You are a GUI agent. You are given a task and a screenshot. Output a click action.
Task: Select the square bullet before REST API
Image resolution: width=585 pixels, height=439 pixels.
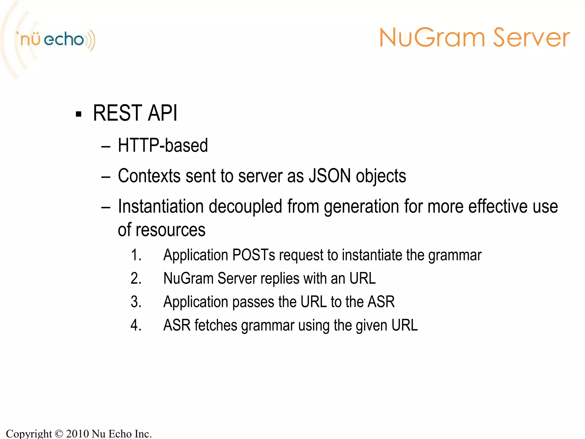79,114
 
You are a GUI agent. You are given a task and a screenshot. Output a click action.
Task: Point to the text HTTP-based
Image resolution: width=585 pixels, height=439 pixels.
163,145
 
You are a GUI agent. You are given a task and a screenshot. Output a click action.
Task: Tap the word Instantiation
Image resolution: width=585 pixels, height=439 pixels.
161,206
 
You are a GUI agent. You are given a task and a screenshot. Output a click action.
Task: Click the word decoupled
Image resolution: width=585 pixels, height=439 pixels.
245,206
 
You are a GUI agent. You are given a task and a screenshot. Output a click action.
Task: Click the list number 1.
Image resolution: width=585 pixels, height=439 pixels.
136,255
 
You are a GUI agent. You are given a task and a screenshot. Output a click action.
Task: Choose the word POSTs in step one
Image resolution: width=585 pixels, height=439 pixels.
254,255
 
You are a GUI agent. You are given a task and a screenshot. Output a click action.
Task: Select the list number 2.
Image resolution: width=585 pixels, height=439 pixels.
136,278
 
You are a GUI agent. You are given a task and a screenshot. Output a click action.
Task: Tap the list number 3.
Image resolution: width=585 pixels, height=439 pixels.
136,302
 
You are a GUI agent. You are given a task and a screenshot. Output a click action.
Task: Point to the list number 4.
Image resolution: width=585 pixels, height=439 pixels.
136,325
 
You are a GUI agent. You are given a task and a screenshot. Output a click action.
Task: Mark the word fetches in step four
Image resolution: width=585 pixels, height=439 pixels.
216,325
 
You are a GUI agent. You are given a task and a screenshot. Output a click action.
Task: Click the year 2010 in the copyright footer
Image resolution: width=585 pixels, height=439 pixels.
77,434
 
